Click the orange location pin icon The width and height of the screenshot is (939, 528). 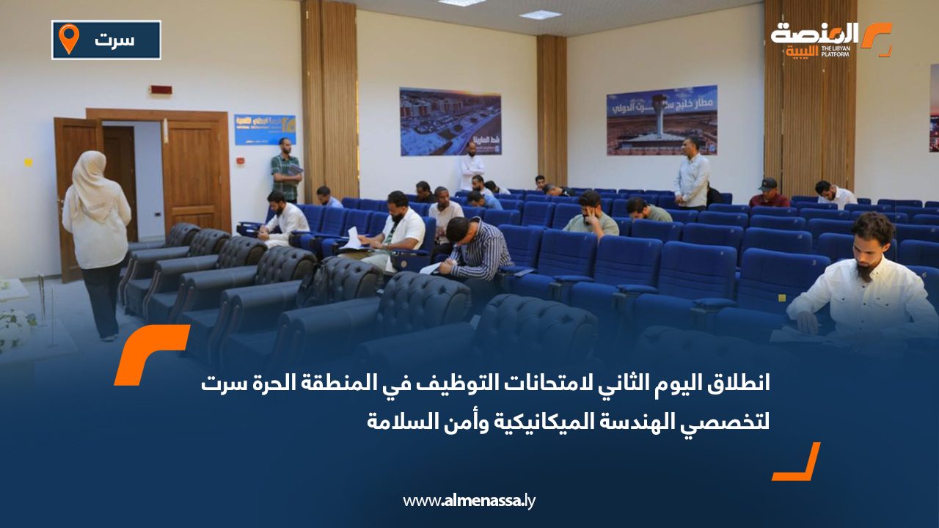(x=69, y=38)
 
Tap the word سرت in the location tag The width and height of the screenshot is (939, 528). (x=114, y=40)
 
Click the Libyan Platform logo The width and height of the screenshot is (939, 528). (x=830, y=39)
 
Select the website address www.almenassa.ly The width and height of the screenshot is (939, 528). (x=469, y=501)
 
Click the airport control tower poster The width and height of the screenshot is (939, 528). (x=662, y=120)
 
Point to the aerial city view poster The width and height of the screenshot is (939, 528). (x=450, y=122)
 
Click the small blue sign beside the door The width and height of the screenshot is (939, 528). (x=264, y=129)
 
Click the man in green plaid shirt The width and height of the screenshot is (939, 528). (x=285, y=169)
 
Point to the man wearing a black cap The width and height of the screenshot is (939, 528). (x=768, y=194)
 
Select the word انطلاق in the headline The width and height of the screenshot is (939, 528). (x=734, y=383)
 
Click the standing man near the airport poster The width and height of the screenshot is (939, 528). (x=691, y=172)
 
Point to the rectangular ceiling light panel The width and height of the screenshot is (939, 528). (x=540, y=15)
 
